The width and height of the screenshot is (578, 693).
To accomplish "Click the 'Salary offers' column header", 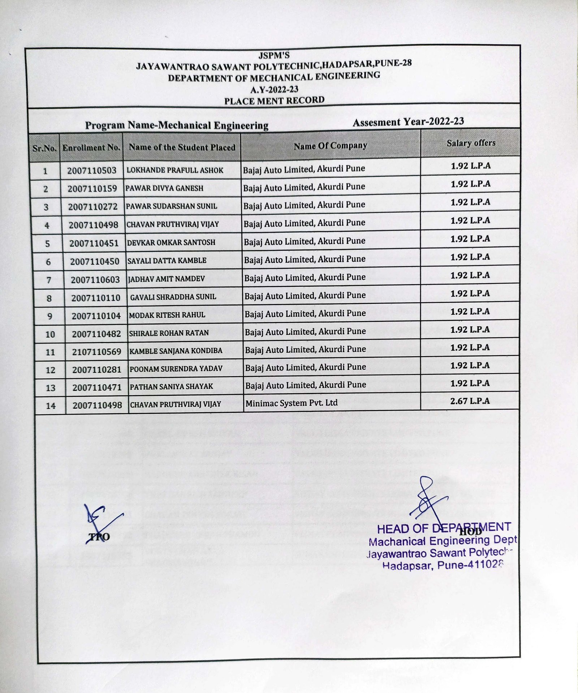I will [x=471, y=143].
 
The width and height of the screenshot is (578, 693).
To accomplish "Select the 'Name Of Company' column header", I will [x=330, y=146].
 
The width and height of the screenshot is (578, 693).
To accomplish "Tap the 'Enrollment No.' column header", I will [x=91, y=148].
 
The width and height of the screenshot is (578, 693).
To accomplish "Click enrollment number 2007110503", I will [x=92, y=170].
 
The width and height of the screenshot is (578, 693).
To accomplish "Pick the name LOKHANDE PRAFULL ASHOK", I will [x=175, y=170].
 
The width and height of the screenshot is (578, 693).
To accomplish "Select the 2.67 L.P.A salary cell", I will [x=470, y=401].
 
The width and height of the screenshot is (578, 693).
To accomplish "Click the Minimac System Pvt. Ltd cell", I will [x=292, y=403].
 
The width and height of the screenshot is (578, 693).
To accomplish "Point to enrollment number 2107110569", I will [x=96, y=352].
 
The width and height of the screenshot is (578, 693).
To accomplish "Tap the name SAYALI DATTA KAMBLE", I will [x=167, y=260].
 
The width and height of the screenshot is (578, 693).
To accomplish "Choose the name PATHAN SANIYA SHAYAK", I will [x=172, y=387].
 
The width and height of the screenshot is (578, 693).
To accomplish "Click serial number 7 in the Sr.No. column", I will [x=49, y=280].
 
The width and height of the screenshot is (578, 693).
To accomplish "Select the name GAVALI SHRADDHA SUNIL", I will [x=173, y=297].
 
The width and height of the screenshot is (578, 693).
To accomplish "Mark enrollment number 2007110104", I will [x=96, y=316].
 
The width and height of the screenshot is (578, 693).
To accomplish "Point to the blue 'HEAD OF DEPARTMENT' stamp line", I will [x=444, y=528].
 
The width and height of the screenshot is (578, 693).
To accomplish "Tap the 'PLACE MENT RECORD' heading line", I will [x=274, y=101].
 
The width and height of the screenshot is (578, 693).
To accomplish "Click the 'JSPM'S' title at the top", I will [x=274, y=55].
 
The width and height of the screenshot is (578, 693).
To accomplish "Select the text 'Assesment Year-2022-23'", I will [x=408, y=122].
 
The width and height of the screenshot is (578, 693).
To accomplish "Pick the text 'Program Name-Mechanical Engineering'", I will [x=177, y=126].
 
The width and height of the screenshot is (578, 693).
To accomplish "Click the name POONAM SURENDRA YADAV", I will [x=176, y=369].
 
